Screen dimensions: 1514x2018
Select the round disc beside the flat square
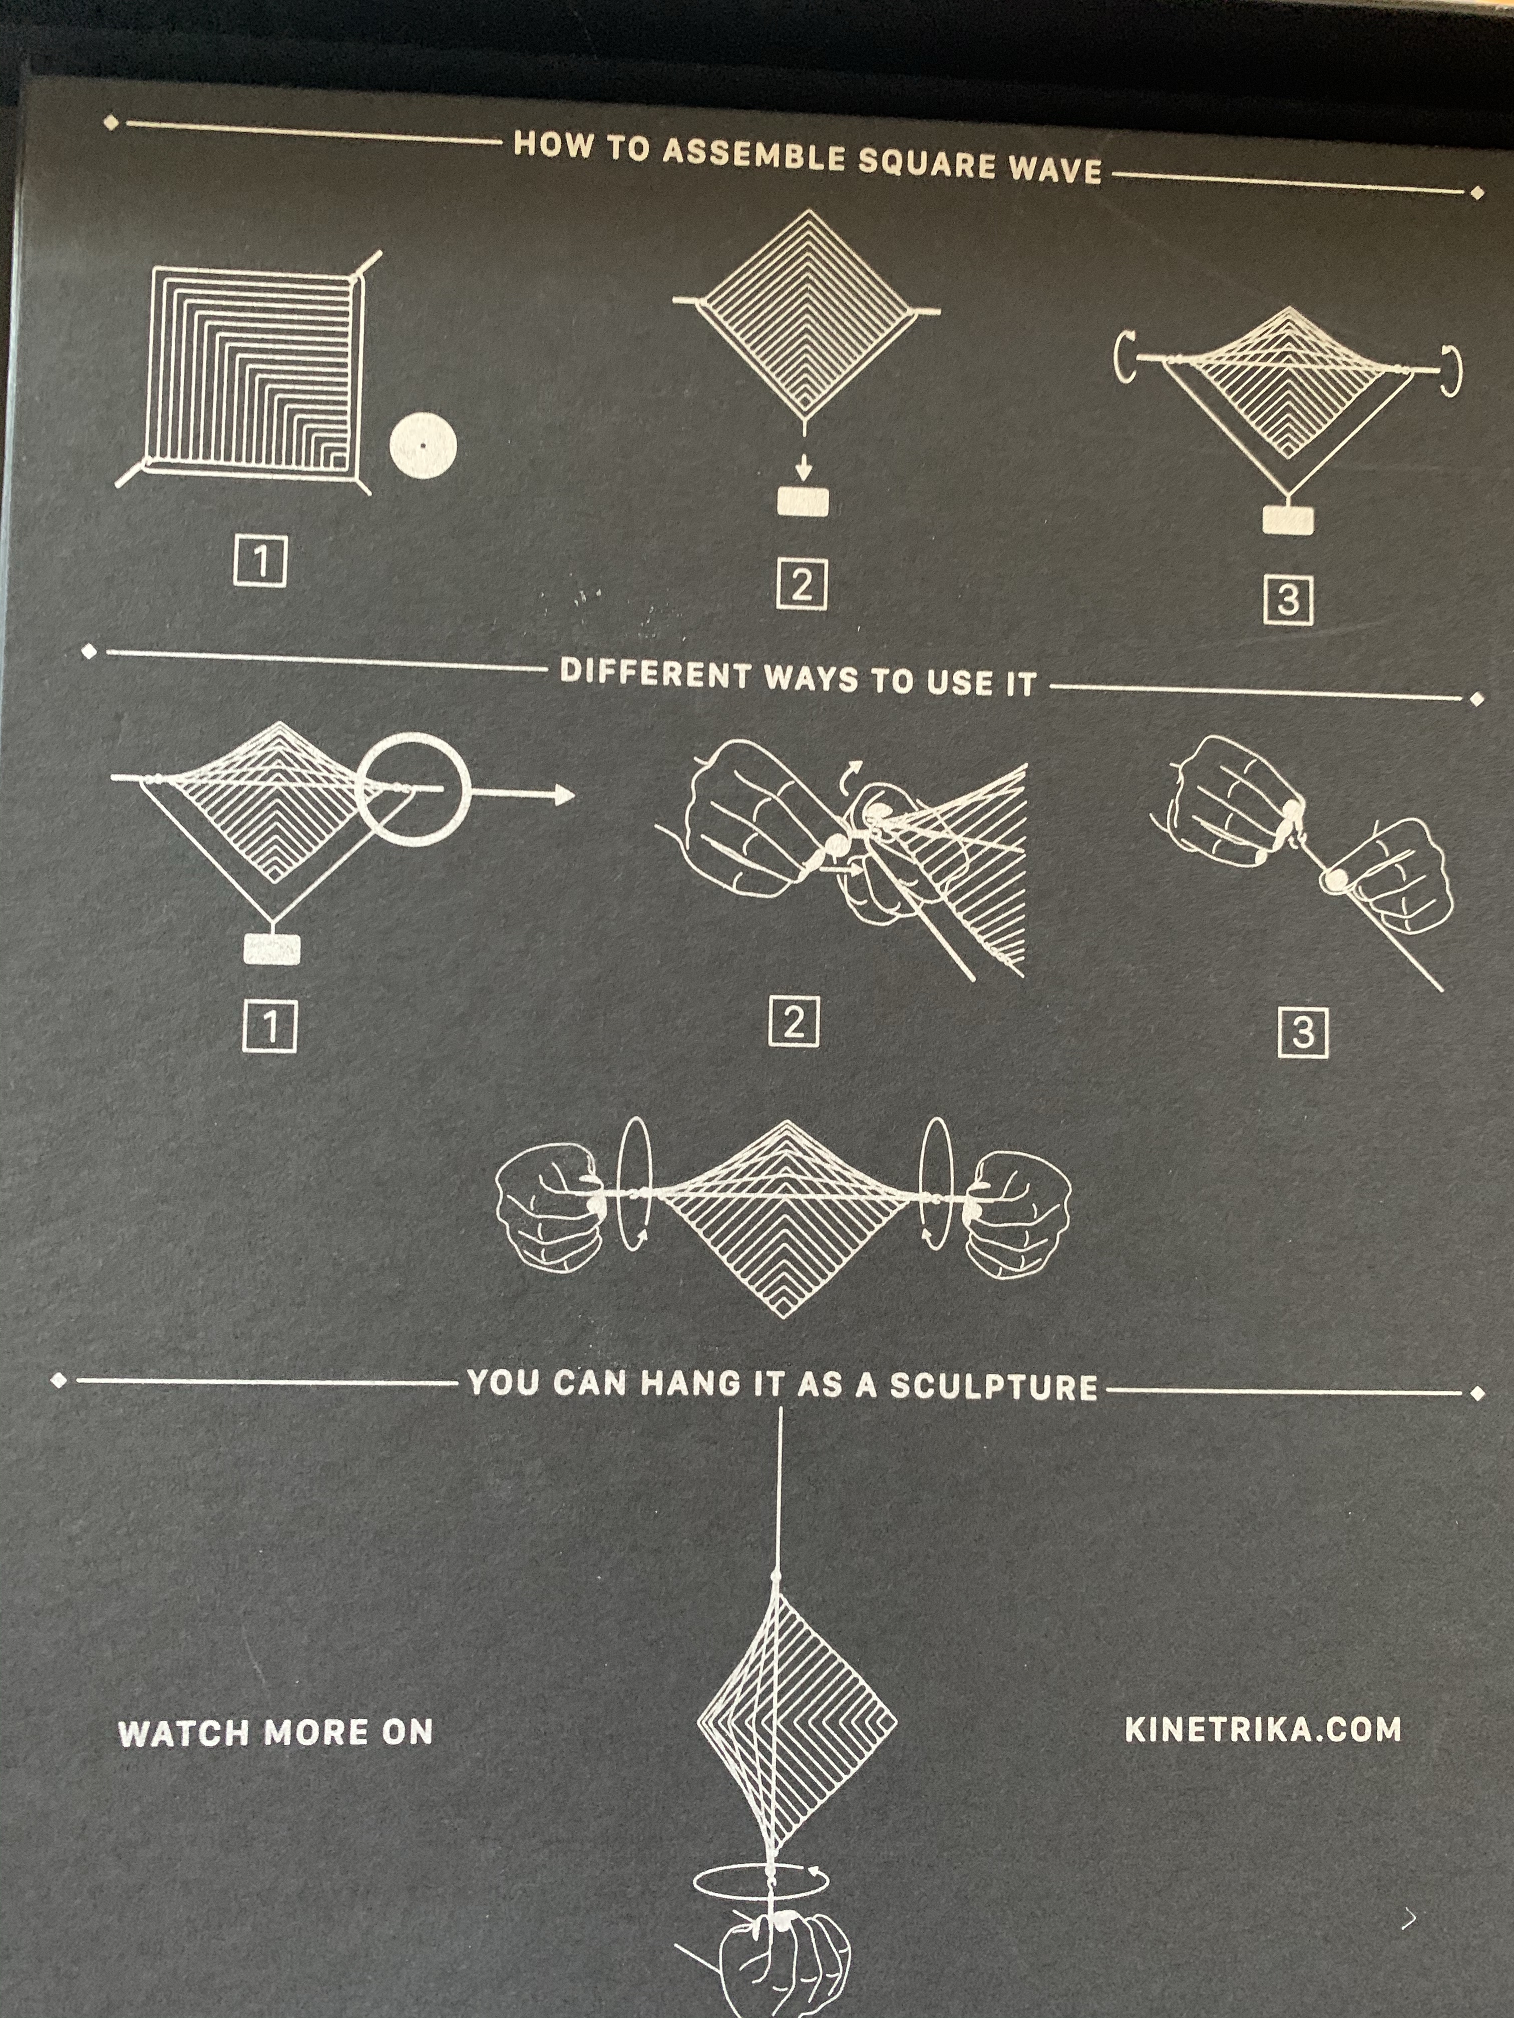423,446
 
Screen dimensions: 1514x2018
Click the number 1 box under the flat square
260,561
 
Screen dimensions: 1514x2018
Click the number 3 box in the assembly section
1288,600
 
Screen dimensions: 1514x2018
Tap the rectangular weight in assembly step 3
1288,520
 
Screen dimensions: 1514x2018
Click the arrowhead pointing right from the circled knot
563,795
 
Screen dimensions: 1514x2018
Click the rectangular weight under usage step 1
272,949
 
